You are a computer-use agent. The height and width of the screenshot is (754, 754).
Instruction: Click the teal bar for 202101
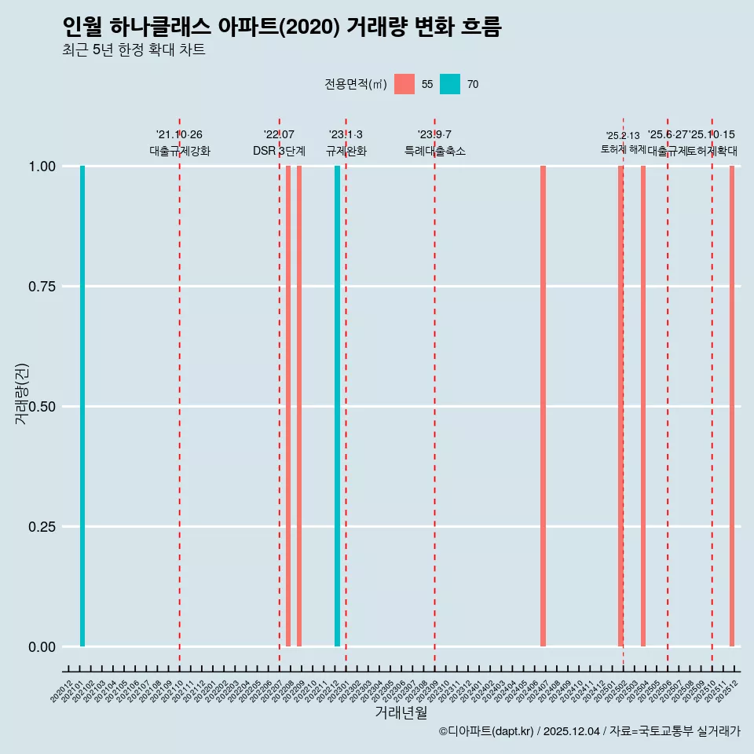click(x=82, y=406)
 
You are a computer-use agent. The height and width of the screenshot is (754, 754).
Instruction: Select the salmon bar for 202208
click(x=288, y=406)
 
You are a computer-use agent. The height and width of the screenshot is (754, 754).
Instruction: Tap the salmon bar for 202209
click(x=299, y=406)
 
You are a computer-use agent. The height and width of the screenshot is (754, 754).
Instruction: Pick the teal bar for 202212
click(x=338, y=406)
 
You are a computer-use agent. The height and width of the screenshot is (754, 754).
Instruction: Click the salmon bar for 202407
click(x=543, y=406)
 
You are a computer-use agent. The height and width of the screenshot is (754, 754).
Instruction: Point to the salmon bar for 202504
click(x=643, y=406)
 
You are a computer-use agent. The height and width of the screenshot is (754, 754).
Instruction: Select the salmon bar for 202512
click(x=732, y=406)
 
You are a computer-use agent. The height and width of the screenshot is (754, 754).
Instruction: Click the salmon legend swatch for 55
click(x=404, y=84)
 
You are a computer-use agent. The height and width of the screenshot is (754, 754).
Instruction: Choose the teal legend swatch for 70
click(x=450, y=84)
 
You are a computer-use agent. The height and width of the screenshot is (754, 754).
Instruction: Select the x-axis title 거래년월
click(x=401, y=712)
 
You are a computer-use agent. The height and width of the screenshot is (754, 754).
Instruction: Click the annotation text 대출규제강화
click(x=179, y=151)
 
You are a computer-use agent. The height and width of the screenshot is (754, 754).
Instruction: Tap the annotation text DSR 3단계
click(x=279, y=151)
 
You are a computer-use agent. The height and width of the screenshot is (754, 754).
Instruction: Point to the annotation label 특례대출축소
click(x=434, y=151)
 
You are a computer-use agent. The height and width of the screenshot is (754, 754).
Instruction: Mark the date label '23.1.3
click(x=346, y=135)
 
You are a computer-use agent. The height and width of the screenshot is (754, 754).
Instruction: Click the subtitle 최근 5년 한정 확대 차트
click(x=134, y=50)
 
